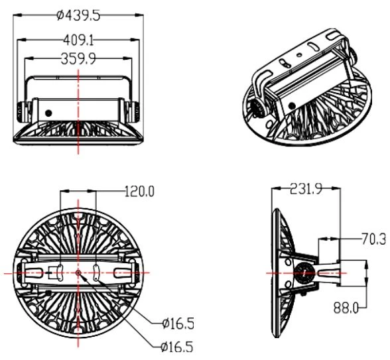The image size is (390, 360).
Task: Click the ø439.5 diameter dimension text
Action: click(78, 15)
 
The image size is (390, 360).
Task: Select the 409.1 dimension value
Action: click(78, 40)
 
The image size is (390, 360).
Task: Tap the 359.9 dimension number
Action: click(78, 59)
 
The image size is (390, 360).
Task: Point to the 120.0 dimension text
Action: click(139, 192)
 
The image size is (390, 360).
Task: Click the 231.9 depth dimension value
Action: click(306, 189)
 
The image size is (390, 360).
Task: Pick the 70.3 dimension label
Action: click(373, 239)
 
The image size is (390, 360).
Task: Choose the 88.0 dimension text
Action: click(346, 308)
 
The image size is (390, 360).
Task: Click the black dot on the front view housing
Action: click(48, 113)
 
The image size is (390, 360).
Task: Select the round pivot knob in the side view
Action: click(304, 273)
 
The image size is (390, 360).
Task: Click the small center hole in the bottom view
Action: click(78, 272)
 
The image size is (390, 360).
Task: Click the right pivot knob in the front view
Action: click(136, 111)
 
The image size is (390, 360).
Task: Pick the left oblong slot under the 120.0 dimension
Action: click(60, 272)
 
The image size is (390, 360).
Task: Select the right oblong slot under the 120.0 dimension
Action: click(96, 272)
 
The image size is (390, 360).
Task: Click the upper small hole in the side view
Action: click(288, 262)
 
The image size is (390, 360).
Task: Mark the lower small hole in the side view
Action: click(288, 284)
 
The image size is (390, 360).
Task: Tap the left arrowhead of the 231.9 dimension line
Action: click(275, 189)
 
